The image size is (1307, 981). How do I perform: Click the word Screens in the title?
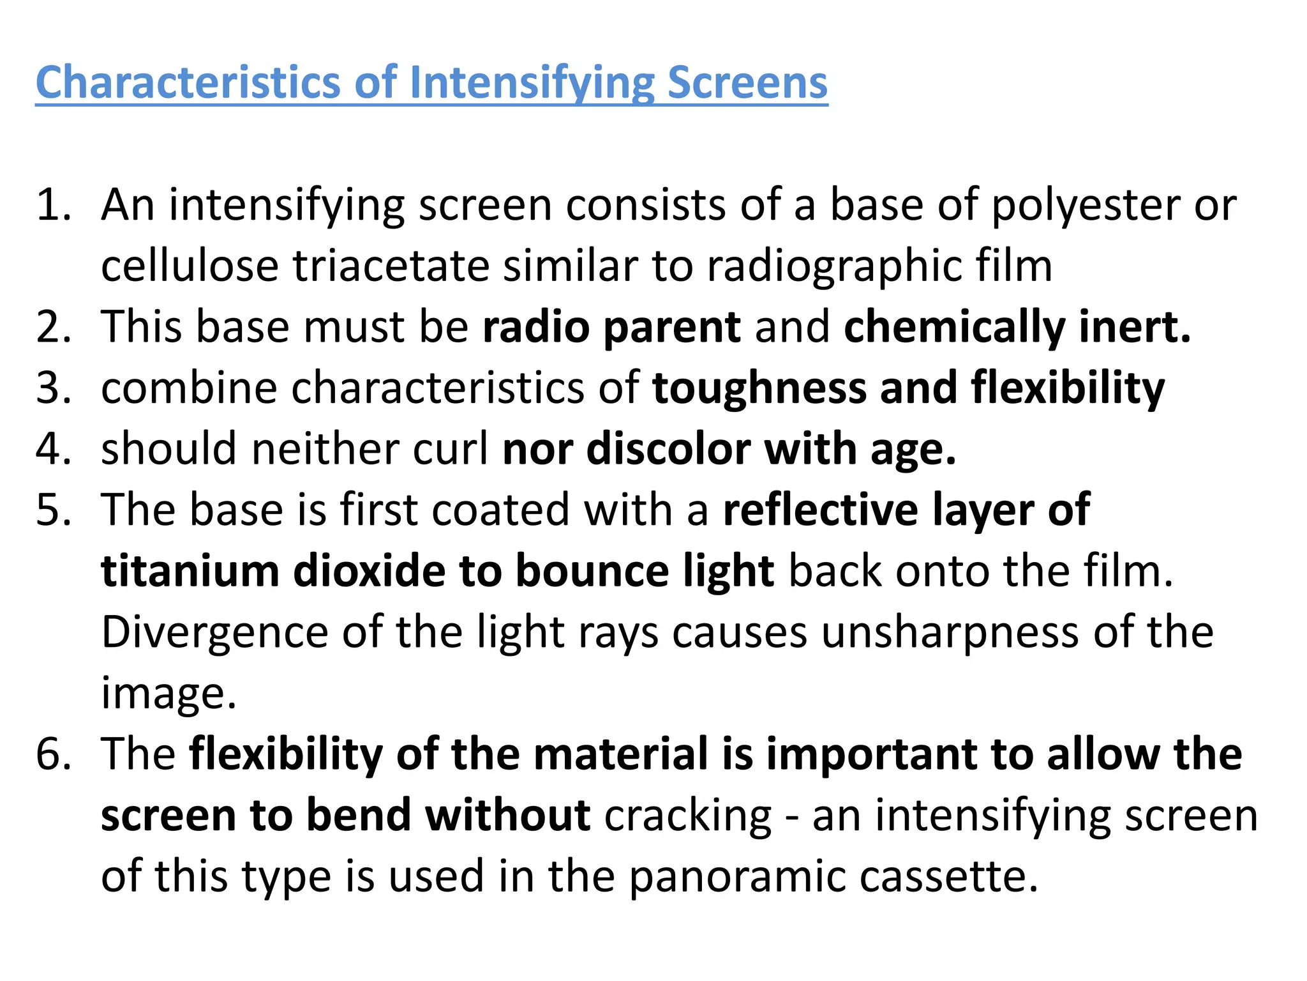click(x=747, y=83)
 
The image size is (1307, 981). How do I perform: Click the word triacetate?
click(x=390, y=266)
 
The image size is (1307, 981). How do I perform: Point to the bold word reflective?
click(x=821, y=510)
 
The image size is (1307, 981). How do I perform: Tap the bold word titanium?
click(x=190, y=570)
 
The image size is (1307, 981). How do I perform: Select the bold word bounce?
click(x=592, y=570)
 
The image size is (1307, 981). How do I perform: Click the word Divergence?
click(x=214, y=632)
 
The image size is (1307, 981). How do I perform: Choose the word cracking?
click(x=688, y=816)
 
